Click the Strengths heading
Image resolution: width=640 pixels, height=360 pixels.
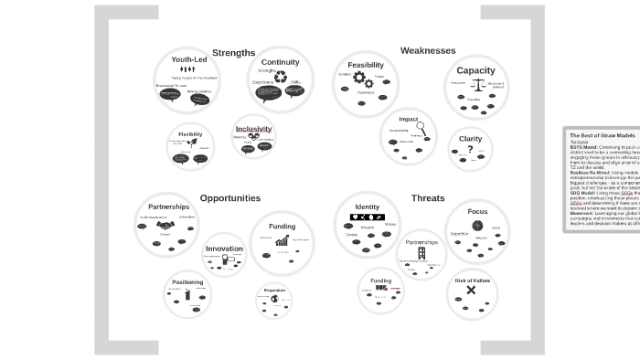click(233, 53)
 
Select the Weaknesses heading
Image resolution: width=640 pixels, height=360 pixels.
click(427, 51)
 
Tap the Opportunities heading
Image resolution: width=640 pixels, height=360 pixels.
click(229, 198)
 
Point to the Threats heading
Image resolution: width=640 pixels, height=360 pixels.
click(428, 198)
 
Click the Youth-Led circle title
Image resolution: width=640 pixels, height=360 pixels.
click(189, 59)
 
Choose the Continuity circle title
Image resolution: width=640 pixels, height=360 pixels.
click(280, 62)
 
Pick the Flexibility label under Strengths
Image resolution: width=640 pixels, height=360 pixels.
click(190, 134)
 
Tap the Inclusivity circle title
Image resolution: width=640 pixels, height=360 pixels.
click(253, 129)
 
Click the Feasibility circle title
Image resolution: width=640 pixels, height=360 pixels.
click(366, 65)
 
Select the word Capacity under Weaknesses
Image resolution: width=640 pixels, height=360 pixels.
click(475, 70)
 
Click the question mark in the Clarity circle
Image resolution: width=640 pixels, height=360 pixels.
click(470, 150)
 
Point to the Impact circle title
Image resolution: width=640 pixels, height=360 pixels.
click(409, 119)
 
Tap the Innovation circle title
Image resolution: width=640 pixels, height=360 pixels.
click(224, 249)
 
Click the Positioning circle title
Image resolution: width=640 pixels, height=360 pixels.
click(187, 282)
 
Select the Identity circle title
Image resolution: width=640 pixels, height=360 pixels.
click(367, 206)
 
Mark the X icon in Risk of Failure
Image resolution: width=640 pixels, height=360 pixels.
click(472, 291)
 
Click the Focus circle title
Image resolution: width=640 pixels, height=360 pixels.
click(477, 211)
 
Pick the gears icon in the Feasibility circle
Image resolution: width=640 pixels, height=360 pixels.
click(364, 79)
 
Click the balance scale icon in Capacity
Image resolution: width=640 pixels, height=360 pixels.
click(475, 85)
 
